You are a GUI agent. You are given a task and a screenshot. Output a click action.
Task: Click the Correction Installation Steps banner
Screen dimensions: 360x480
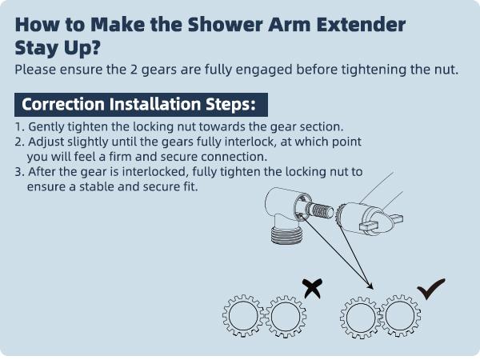tap(140, 105)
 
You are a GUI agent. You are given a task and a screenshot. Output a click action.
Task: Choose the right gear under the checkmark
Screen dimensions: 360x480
tap(398, 318)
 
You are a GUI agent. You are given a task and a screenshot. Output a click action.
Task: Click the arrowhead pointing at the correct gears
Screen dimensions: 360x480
tap(371, 286)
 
